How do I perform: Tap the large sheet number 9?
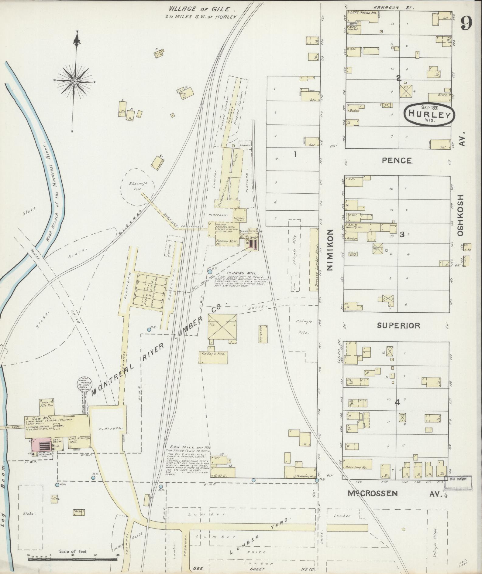466,23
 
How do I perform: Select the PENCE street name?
397,161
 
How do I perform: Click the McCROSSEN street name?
373,494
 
